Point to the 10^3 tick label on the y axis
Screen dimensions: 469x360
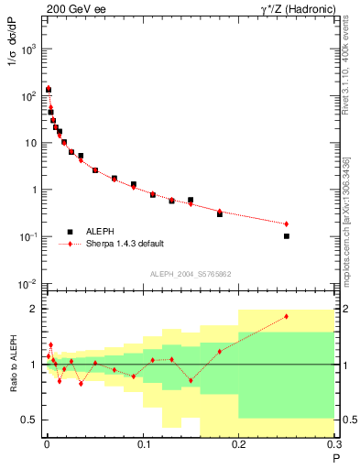[x=29, y=49]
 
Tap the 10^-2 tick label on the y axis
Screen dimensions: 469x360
[x=29, y=284]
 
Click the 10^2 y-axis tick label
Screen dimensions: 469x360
[x=29, y=95]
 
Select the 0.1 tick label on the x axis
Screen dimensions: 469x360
[x=143, y=445]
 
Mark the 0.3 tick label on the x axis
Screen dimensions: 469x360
[x=335, y=445]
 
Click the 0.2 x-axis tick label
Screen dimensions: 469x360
[x=239, y=445]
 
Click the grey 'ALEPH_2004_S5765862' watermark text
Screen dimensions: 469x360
[x=190, y=274]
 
